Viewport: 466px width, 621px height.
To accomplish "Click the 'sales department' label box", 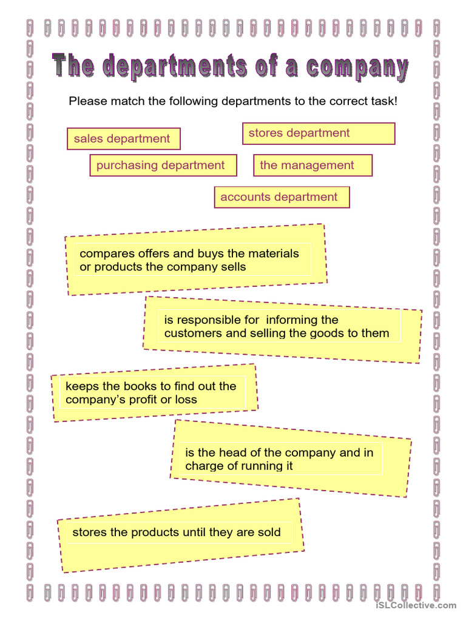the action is click(x=123, y=139).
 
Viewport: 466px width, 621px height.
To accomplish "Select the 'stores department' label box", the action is click(x=319, y=133).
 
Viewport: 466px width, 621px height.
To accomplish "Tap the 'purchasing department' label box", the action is click(x=163, y=166).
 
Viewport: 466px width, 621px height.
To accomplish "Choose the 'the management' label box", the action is click(x=312, y=166).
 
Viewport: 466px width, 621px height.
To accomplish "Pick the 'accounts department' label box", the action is click(x=282, y=197).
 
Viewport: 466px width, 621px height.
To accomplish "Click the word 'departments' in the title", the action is click(x=175, y=67).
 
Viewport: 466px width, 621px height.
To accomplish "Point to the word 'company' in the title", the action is click(x=357, y=68).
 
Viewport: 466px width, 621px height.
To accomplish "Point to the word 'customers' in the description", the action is click(x=194, y=334).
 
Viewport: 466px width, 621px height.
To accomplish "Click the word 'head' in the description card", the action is click(x=231, y=453).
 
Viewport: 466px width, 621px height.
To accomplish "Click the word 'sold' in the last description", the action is click(x=268, y=533).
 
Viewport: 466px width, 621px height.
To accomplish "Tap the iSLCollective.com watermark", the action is click(x=416, y=605).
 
